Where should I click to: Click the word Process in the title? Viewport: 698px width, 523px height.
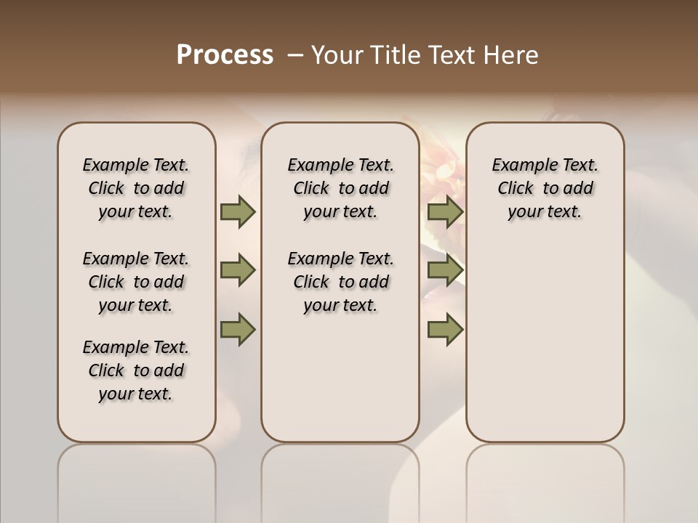pyautogui.click(x=225, y=55)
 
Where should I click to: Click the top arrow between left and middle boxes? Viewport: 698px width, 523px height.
pyautogui.click(x=238, y=211)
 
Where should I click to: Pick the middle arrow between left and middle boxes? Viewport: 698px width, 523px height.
pyautogui.click(x=238, y=271)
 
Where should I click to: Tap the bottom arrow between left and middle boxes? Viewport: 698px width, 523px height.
pyautogui.click(x=238, y=329)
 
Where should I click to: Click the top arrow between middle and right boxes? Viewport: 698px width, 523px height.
pyautogui.click(x=445, y=211)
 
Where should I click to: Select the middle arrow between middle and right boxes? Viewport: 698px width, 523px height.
pyautogui.click(x=445, y=271)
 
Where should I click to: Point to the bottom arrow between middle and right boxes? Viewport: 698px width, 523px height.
pyautogui.click(x=445, y=329)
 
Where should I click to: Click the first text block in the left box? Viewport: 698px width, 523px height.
pyautogui.click(x=136, y=188)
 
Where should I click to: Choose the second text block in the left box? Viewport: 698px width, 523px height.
pyautogui.click(x=136, y=282)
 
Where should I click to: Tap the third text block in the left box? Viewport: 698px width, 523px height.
pyautogui.click(x=136, y=370)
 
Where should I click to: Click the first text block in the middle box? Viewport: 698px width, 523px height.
pyautogui.click(x=340, y=188)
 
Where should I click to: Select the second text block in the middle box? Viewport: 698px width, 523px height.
pyautogui.click(x=340, y=282)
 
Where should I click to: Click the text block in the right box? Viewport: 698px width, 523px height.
pyautogui.click(x=545, y=188)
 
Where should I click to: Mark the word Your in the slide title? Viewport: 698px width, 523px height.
pyautogui.click(x=337, y=55)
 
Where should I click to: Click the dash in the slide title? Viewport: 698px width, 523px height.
pyautogui.click(x=295, y=55)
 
